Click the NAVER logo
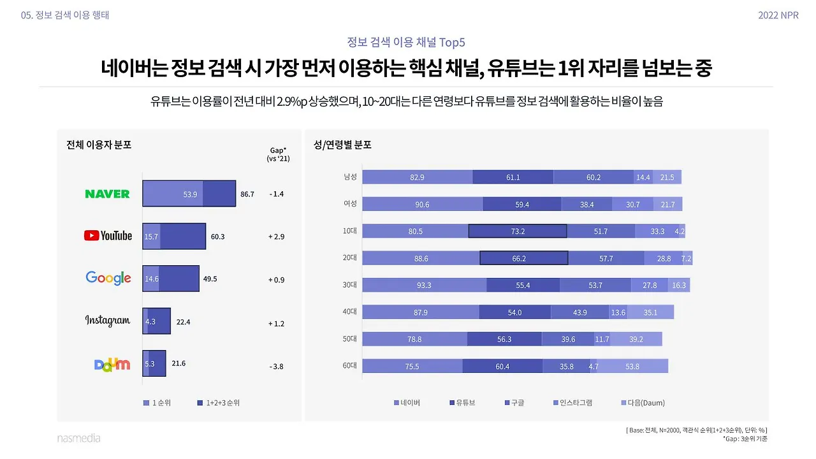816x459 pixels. [x=107, y=194]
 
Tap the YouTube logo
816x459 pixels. [x=108, y=236]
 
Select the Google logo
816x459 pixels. [x=108, y=278]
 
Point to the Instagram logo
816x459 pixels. [x=107, y=321]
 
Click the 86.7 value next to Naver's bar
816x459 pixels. [x=247, y=194]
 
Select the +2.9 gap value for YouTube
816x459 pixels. [x=276, y=237]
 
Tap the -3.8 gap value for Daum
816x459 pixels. [x=276, y=367]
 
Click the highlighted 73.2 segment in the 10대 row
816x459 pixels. [x=518, y=231]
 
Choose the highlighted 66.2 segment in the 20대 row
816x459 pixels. [x=523, y=258]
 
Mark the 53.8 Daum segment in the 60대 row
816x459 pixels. [x=632, y=367]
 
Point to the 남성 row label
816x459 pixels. [x=350, y=177]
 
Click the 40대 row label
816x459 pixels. [x=350, y=312]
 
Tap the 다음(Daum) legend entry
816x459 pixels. [x=643, y=403]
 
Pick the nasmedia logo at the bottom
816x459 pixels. [x=78, y=439]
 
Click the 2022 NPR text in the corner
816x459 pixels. [x=778, y=15]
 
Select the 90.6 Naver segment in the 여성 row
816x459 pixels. [x=422, y=204]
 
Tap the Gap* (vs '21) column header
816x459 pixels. [x=278, y=154]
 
